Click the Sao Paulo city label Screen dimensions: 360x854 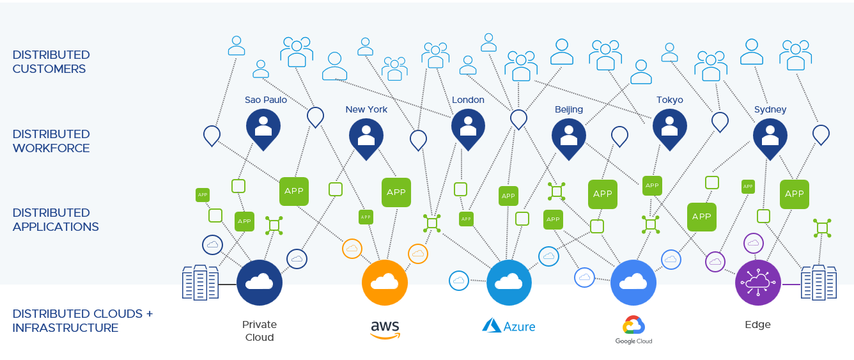coord(266,100)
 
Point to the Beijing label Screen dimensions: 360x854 coord(569,109)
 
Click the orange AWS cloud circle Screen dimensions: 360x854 coord(385,283)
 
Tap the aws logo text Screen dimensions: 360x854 coord(385,329)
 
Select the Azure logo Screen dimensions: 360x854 coord(509,326)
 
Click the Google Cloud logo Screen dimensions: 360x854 coord(633,330)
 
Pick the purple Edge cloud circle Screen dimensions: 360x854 coord(758,283)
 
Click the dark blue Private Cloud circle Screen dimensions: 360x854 coord(260,283)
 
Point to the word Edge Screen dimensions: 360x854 coord(758,324)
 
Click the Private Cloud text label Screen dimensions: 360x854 coord(260,331)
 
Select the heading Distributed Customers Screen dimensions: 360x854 coord(51,62)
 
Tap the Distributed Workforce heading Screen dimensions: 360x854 coord(51,141)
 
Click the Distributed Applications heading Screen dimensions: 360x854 coord(56,219)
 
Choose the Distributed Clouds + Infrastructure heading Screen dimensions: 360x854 coord(82,321)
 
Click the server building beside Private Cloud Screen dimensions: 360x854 coord(200,283)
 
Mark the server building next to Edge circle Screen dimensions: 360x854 coord(819,283)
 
